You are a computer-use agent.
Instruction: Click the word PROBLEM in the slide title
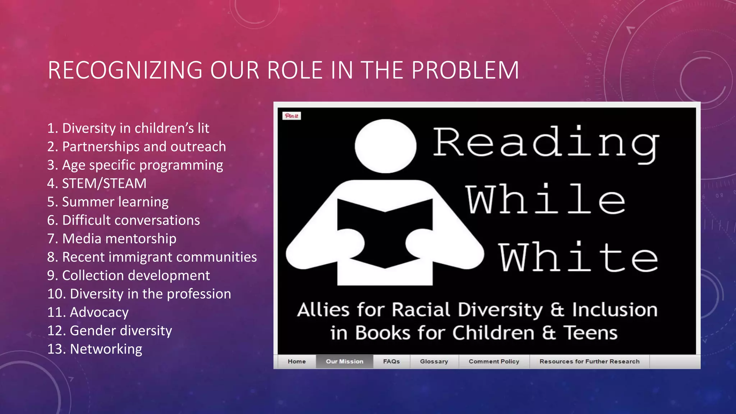[465, 70]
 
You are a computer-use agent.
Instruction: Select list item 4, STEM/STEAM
[97, 184]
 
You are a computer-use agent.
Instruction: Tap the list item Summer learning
[108, 202]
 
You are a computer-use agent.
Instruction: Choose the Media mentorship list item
[112, 239]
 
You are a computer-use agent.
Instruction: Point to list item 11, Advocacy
[88, 312]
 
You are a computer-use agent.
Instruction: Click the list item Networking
[95, 349]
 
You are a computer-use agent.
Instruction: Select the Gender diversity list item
[110, 331]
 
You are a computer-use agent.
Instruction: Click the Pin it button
[291, 116]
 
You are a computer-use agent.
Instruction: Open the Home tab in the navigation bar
[296, 362]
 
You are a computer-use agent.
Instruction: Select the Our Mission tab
[344, 362]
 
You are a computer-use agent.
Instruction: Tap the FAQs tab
[391, 362]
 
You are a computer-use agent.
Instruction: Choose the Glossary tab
[434, 362]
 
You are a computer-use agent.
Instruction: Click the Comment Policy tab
[494, 362]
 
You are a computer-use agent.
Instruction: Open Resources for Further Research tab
[589, 362]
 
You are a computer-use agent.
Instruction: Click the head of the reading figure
[385, 146]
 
